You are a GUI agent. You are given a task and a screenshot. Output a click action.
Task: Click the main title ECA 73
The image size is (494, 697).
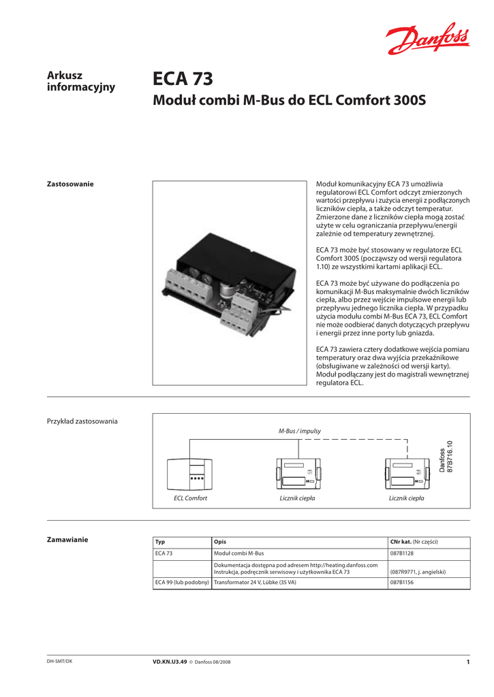pos(183,80)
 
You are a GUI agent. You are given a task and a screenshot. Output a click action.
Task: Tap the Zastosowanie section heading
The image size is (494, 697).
pos(70,184)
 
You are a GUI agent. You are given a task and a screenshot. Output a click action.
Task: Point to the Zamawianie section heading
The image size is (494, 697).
pos(67,540)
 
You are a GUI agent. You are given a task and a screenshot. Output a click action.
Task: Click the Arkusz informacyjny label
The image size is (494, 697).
pos(80,81)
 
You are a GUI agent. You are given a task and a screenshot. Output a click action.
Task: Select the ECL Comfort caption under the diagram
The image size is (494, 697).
pos(190,499)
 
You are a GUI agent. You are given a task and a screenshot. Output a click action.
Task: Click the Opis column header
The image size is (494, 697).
pos(220,542)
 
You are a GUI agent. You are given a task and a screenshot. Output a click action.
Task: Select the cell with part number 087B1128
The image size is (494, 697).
pos(403,553)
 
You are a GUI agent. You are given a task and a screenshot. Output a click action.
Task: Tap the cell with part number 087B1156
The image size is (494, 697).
pos(403,583)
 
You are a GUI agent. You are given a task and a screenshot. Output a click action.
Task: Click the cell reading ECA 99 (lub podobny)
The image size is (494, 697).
pos(181,583)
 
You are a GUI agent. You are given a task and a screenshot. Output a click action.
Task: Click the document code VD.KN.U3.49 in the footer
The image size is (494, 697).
pos(171,662)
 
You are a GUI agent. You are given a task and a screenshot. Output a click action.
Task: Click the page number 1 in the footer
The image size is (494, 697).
pos(468,662)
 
